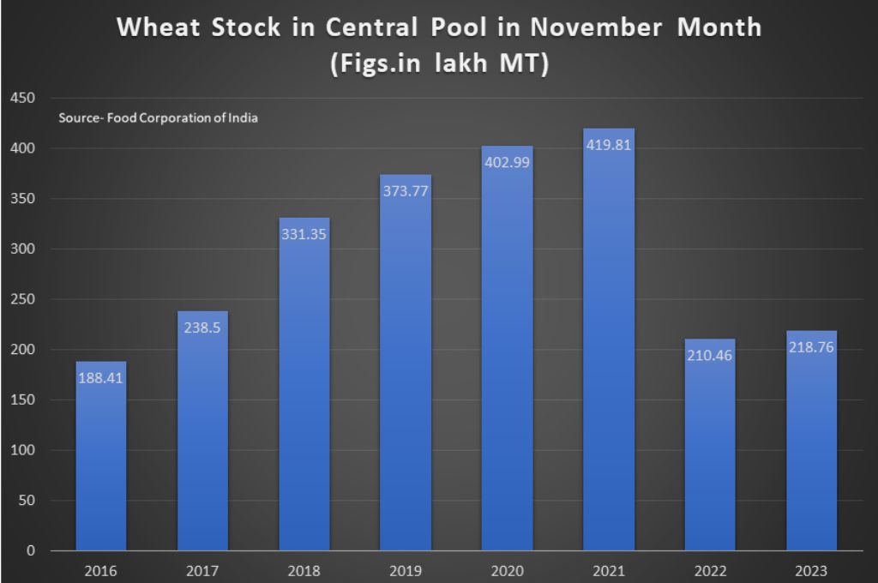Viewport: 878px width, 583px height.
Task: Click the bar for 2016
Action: coord(101,463)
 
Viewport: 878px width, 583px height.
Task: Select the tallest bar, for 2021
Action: coord(609,343)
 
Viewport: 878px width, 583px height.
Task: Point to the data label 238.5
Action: coord(203,328)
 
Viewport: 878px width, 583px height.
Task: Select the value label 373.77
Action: coord(406,191)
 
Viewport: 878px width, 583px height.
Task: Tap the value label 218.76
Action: coord(812,348)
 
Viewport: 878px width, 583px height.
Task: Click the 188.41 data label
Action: coord(101,377)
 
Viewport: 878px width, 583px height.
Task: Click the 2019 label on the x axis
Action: coord(406,570)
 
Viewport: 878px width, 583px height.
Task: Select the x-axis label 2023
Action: coord(812,570)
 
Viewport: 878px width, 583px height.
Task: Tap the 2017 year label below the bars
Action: coord(203,570)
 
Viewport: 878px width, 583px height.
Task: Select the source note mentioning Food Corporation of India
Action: coord(158,118)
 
